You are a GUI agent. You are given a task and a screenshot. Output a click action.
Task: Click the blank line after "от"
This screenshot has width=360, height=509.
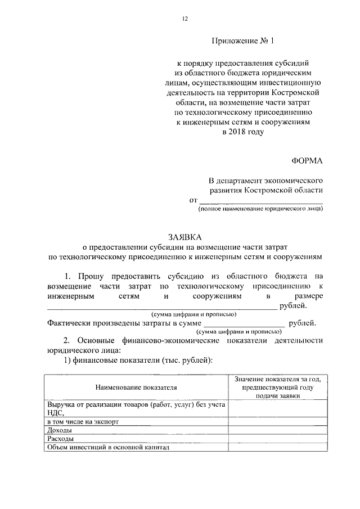click(262, 200)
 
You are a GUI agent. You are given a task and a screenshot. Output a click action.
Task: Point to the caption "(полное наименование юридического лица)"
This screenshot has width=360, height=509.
click(260, 209)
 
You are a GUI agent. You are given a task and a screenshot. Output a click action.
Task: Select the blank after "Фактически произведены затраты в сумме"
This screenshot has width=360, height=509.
click(244, 323)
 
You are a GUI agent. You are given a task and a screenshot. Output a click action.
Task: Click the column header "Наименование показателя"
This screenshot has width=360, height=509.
click(136, 388)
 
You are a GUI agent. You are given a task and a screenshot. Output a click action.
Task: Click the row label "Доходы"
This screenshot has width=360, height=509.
click(58, 430)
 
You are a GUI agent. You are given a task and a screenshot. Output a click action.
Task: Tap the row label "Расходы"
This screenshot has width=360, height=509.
click(59, 439)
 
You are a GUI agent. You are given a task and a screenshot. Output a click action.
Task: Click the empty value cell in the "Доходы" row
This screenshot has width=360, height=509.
click(278, 430)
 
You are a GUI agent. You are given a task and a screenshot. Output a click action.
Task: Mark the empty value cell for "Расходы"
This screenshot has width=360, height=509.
click(278, 439)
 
